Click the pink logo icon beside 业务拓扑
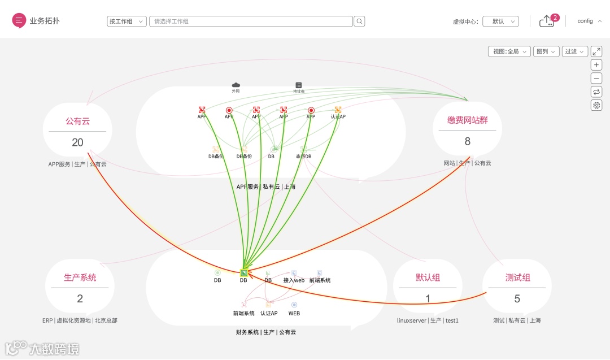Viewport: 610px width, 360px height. click(19, 20)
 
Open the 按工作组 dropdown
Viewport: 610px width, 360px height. click(127, 21)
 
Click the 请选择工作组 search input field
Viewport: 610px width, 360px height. click(251, 21)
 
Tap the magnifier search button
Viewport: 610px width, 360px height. click(359, 21)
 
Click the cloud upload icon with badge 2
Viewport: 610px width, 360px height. click(547, 21)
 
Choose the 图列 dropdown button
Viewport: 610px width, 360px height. click(546, 51)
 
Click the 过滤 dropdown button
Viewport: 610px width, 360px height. click(575, 51)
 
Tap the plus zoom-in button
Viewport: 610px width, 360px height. click(596, 65)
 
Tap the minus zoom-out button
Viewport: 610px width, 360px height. click(596, 79)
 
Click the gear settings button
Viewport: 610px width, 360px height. click(596, 106)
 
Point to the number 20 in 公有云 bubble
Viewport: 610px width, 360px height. click(77, 142)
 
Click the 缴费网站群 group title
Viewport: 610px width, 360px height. click(467, 120)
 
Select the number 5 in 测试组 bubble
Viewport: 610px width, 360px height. click(517, 299)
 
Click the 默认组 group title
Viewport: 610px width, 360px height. click(428, 277)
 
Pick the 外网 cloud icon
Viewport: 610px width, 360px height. click(236, 85)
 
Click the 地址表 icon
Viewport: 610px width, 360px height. click(299, 85)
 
